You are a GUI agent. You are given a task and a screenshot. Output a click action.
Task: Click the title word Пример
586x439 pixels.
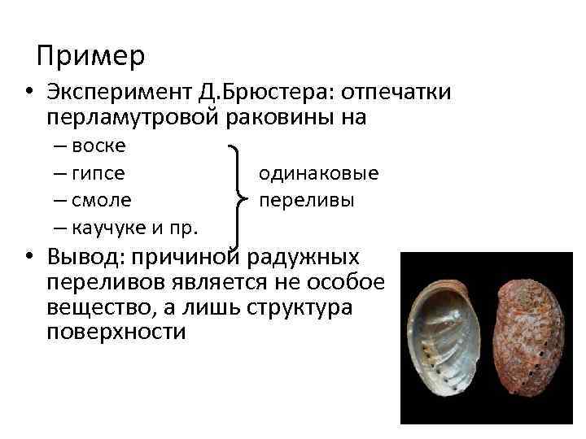[x=91, y=55]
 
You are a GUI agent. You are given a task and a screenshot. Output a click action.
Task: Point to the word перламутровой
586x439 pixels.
[x=133, y=118]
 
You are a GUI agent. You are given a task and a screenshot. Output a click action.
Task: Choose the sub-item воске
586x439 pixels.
[x=98, y=146]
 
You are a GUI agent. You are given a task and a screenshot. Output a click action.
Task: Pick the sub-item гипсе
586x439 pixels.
[x=98, y=173]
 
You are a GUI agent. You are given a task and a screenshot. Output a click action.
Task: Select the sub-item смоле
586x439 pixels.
[x=101, y=200]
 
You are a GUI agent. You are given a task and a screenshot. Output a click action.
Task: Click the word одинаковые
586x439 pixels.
[x=318, y=173]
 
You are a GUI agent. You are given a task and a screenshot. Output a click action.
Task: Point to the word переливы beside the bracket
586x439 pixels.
[x=306, y=200]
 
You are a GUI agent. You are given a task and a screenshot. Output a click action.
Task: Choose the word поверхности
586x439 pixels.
[x=116, y=333]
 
